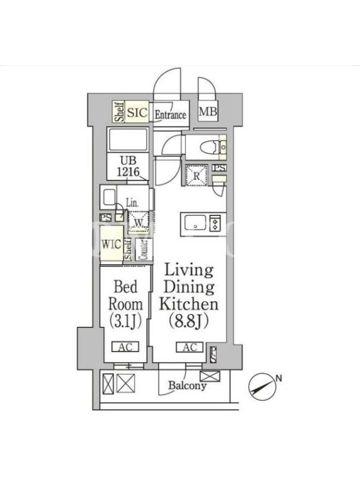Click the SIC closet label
click(137, 112)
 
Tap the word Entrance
click(170, 115)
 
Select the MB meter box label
click(208, 112)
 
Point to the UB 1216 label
click(128, 166)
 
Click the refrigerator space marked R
click(197, 176)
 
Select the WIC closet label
click(111, 245)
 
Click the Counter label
click(143, 249)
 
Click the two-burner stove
click(215, 223)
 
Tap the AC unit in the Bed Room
click(125, 347)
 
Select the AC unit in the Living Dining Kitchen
click(190, 347)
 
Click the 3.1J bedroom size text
click(125, 321)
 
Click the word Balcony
click(187, 385)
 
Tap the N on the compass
click(278, 379)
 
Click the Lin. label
click(132, 202)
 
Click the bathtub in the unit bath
click(128, 140)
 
